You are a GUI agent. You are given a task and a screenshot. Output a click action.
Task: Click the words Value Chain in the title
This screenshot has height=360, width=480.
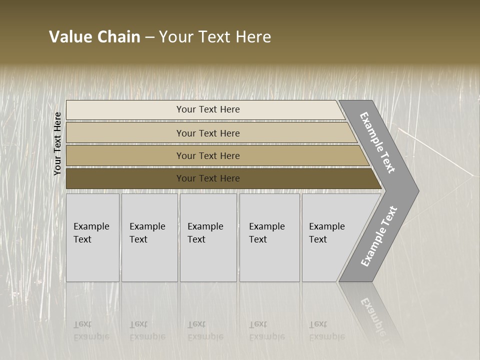coord(94,37)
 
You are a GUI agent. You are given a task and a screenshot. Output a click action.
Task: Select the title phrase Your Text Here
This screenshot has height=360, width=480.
coord(215,37)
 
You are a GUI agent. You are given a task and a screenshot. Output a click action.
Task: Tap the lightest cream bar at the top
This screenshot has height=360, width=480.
coord(208,109)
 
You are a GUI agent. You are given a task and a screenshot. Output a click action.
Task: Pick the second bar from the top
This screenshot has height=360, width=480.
coord(208,133)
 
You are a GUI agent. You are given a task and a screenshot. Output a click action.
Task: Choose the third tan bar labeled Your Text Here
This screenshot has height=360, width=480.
coord(208,155)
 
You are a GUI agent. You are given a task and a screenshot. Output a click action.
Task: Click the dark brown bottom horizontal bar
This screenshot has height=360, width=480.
coord(208,178)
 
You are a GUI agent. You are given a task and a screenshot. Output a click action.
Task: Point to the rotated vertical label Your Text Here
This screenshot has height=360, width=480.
coord(57,143)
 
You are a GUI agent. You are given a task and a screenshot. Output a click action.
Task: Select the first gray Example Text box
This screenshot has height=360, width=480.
coord(92,237)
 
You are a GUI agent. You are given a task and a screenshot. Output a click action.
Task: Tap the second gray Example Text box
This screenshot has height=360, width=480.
coord(149,237)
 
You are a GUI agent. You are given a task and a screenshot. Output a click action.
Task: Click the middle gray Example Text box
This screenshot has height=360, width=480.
coord(207,237)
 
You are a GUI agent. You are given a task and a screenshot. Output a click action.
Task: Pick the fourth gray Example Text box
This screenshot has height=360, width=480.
coord(269,237)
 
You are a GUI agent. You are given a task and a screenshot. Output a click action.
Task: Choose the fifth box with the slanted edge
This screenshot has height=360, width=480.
coord(330,237)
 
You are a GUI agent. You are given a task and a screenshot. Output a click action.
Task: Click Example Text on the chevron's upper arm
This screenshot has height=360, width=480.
coord(377,142)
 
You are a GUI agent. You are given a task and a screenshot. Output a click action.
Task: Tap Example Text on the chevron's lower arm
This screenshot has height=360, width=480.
coord(378,236)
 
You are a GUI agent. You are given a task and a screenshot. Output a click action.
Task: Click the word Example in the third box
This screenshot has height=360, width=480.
coord(205,226)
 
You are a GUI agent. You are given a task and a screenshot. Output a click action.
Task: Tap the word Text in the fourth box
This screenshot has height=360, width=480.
coord(258,239)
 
